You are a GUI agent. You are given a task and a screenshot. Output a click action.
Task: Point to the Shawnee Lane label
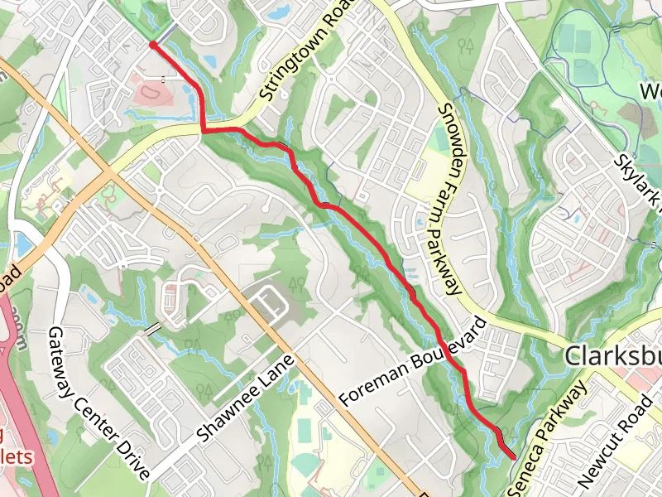point(247,398)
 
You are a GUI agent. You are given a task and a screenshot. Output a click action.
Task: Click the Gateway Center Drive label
point(98,403)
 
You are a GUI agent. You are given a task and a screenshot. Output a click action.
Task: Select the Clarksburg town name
point(612,357)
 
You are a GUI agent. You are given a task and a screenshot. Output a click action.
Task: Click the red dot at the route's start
point(153,45)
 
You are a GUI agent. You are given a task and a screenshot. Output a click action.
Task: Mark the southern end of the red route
point(513,456)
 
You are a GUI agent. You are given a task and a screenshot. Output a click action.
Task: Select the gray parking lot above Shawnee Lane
point(273,302)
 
